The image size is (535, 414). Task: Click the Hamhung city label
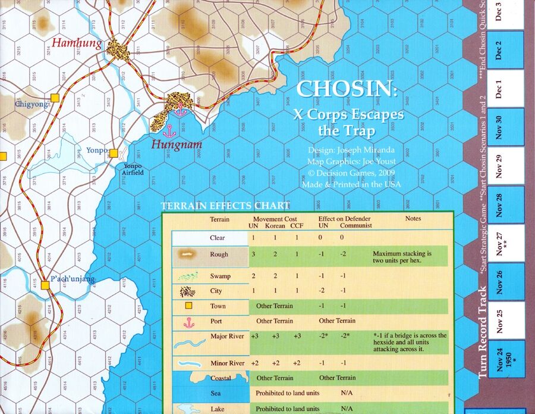[77, 43]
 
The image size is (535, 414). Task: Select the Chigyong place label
[33, 105]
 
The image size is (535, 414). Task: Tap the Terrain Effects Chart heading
[225, 206]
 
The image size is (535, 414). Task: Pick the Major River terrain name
[227, 337]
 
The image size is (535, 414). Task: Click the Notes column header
[413, 219]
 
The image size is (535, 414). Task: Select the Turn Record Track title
[483, 331]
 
